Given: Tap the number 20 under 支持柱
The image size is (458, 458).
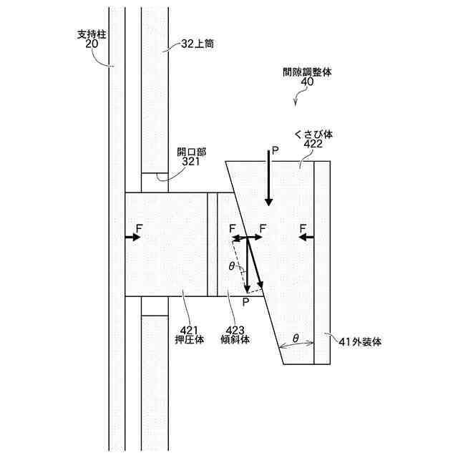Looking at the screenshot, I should coord(91,44).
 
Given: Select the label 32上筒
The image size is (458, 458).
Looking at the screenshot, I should coord(197,44).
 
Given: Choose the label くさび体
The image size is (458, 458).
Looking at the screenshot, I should coord(313,134).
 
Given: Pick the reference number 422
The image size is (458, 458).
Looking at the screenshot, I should coord(313,144).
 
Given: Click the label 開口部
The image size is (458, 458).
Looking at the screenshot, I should coord(192,152).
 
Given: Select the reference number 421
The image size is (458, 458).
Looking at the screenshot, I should coord(190,328).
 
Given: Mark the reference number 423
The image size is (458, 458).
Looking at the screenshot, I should coord(235,328).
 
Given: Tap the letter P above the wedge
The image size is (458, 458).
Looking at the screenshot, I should coord(273,152).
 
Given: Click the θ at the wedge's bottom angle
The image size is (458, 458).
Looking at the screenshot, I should coord(295,337).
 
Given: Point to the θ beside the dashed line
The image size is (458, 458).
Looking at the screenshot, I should coord(230,265).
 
